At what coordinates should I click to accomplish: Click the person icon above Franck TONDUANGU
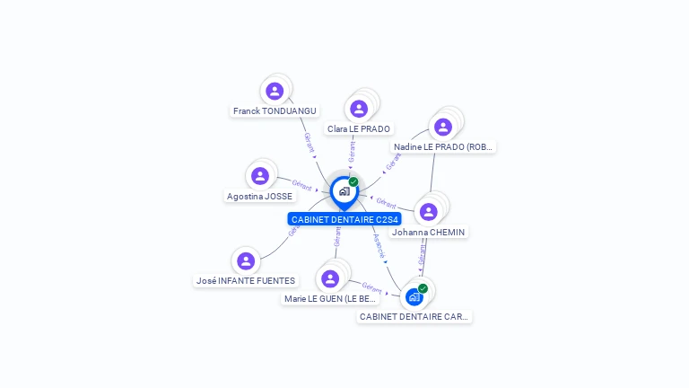click(275, 91)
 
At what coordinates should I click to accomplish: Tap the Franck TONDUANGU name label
click(275, 111)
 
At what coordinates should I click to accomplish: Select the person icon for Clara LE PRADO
click(359, 109)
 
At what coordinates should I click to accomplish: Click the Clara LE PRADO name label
click(359, 129)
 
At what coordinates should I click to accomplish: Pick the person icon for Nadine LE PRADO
click(442, 127)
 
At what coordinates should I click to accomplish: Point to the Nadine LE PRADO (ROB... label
click(443, 146)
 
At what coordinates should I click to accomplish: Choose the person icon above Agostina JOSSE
click(260, 176)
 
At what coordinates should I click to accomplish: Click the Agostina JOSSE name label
click(260, 196)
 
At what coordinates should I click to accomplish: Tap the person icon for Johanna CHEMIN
click(428, 212)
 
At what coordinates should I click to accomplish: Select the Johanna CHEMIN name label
click(429, 232)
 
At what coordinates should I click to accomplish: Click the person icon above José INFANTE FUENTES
click(246, 261)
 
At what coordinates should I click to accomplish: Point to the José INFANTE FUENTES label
click(246, 281)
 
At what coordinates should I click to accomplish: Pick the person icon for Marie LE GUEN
click(330, 278)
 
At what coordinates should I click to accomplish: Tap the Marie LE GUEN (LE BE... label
click(330, 298)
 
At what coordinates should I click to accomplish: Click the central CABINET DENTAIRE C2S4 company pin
click(344, 191)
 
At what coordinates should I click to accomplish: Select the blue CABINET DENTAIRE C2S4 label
click(344, 219)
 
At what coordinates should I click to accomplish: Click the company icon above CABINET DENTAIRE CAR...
click(414, 296)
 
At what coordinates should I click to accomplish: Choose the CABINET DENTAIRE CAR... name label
click(414, 316)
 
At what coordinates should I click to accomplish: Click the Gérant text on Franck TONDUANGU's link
click(310, 142)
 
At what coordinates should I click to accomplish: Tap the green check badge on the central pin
click(353, 182)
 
